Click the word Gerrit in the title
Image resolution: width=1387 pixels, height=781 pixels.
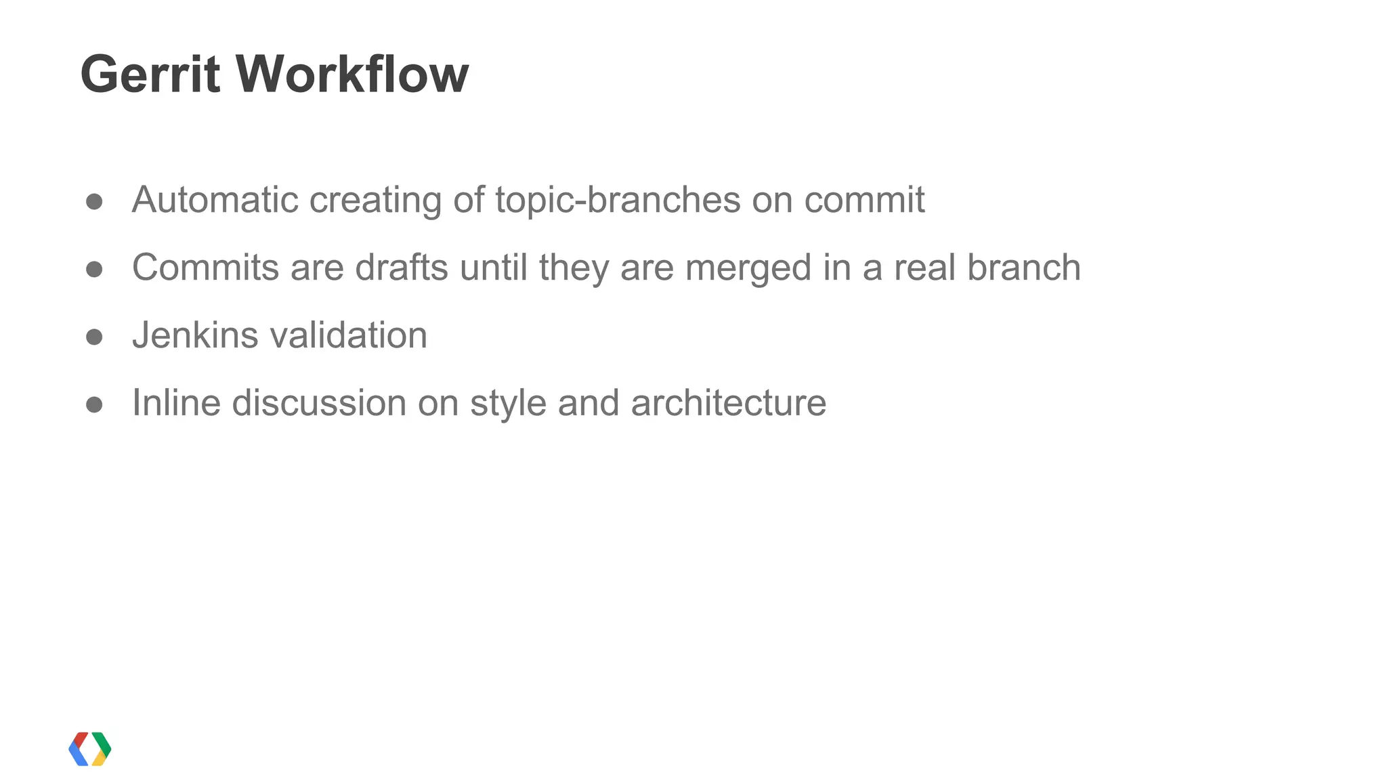(150, 74)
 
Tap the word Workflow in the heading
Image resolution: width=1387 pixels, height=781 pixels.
(351, 74)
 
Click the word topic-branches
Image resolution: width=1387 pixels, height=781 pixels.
(618, 200)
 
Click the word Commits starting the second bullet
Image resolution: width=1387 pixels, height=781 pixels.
(205, 268)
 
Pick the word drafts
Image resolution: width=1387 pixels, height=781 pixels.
(402, 268)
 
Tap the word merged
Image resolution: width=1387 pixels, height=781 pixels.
(748, 269)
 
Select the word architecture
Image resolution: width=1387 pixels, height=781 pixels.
(728, 403)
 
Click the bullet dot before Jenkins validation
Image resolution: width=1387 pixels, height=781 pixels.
(94, 337)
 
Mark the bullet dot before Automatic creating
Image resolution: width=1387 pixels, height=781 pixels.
(94, 202)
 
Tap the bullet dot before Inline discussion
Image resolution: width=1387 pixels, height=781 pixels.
(94, 405)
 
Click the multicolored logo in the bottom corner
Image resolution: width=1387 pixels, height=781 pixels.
(90, 748)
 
